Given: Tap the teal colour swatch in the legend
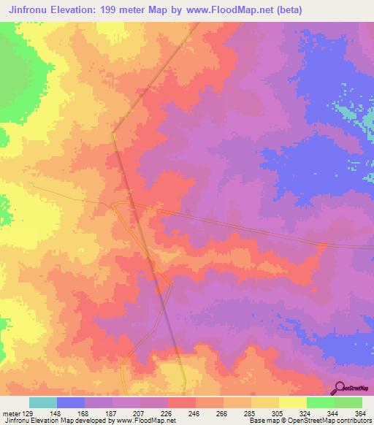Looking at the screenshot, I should pyautogui.click(x=43, y=402).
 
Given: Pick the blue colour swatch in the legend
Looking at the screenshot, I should pyautogui.click(x=71, y=402).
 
